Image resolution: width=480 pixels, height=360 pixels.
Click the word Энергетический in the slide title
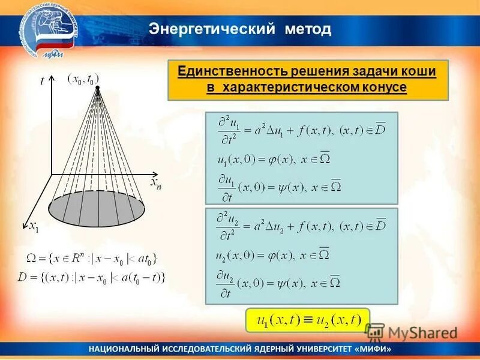click(211, 28)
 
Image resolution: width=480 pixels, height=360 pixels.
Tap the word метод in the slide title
click(308, 28)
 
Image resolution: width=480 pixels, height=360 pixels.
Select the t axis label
click(42, 82)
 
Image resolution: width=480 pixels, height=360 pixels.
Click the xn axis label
click(155, 183)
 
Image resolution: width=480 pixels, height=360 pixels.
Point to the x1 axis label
click(34, 226)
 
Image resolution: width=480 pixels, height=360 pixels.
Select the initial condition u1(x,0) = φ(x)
click(273, 160)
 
